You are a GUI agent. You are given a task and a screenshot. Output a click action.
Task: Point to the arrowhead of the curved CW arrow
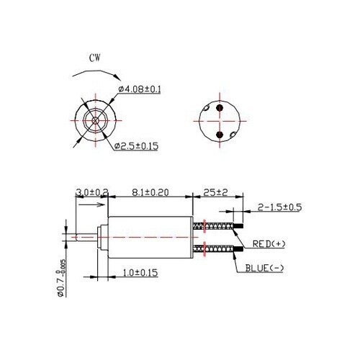[117, 74]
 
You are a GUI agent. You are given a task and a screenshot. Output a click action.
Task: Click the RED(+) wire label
[269, 244]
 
